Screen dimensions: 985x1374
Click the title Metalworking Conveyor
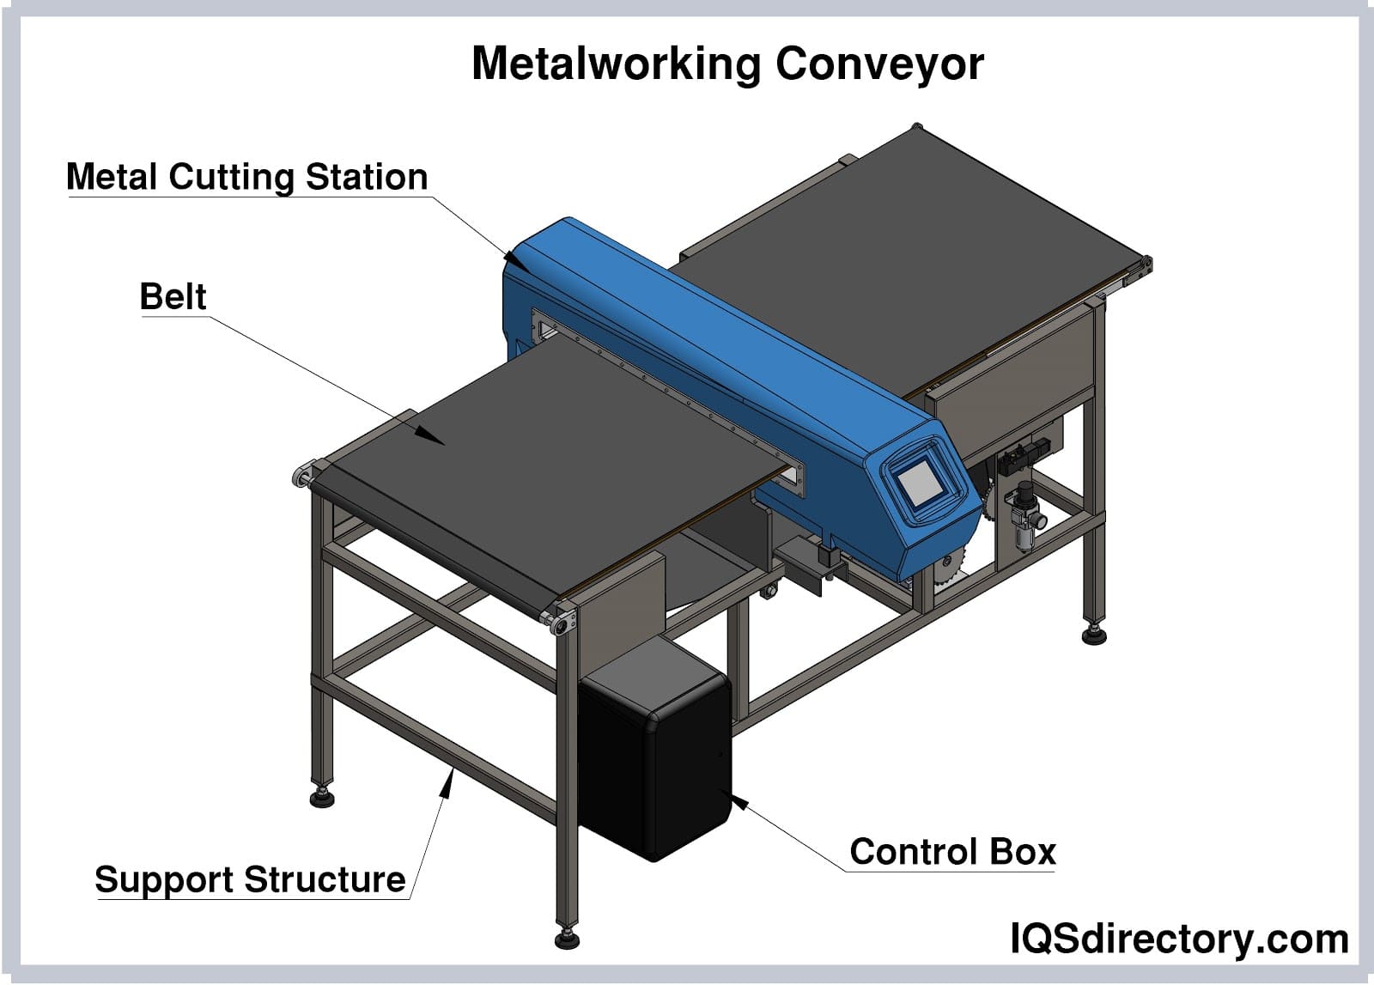(727, 64)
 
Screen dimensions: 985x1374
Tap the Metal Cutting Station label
(247, 177)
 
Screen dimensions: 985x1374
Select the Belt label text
(173, 297)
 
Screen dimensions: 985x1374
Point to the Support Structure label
(250, 879)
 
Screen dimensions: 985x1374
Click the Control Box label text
(952, 852)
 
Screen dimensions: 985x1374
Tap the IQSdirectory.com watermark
(1179, 939)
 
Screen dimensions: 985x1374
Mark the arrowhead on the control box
(738, 803)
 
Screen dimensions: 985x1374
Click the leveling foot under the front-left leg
(322, 799)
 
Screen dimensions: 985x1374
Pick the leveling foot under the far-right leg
(1094, 635)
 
